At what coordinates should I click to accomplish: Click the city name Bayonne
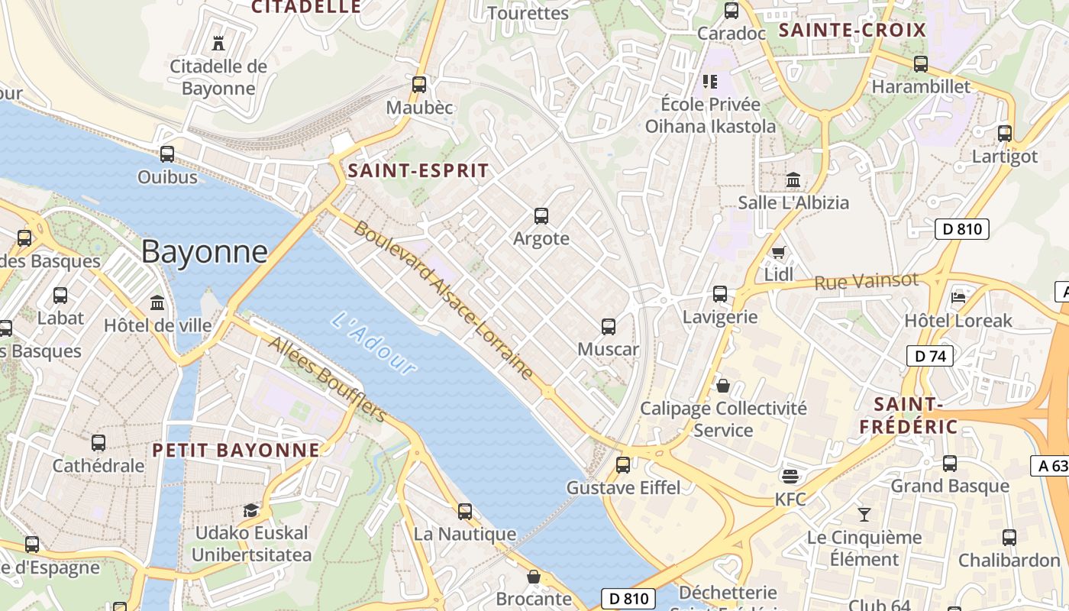pyautogui.click(x=205, y=251)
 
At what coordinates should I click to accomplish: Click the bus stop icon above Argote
pyautogui.click(x=541, y=216)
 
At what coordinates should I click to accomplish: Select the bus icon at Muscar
pyautogui.click(x=609, y=327)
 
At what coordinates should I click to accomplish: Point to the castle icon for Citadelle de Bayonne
pyautogui.click(x=218, y=43)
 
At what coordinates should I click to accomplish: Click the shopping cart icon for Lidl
pyautogui.click(x=778, y=252)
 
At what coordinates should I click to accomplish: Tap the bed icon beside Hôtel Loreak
pyautogui.click(x=958, y=296)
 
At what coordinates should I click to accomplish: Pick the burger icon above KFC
pyautogui.click(x=790, y=476)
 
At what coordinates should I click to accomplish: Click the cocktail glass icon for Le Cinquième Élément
pyautogui.click(x=864, y=514)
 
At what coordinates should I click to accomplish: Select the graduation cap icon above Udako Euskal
pyautogui.click(x=251, y=510)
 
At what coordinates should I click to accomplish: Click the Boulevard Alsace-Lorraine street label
pyautogui.click(x=444, y=300)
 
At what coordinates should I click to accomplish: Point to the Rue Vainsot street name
pyautogui.click(x=866, y=282)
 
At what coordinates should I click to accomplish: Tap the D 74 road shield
pyautogui.click(x=930, y=355)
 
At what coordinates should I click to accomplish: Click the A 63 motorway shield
pyautogui.click(x=1052, y=466)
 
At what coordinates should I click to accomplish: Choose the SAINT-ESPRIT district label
pyautogui.click(x=418, y=171)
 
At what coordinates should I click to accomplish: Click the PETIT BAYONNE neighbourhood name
pyautogui.click(x=236, y=450)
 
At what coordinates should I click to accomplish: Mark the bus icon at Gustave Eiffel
pyautogui.click(x=623, y=464)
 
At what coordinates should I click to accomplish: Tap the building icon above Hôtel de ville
pyautogui.click(x=157, y=302)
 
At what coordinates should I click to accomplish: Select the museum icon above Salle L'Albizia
pyautogui.click(x=793, y=180)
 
